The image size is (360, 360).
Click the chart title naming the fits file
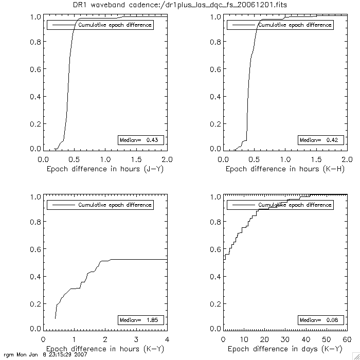tap(179, 5)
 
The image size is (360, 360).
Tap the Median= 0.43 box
tap(141, 140)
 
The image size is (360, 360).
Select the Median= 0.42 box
tap(319, 140)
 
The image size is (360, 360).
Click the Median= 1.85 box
tap(141, 320)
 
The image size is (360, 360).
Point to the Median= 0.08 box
tap(319, 320)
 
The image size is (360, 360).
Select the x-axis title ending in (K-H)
tap(284, 169)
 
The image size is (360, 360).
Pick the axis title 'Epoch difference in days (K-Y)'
tap(284, 349)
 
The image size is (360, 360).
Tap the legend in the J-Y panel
tap(100, 25)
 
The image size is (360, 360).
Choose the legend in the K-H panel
tap(280, 25)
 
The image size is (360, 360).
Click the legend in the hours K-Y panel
tap(100, 205)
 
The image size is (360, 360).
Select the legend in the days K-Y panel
tap(280, 205)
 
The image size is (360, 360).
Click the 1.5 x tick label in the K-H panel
tap(316, 159)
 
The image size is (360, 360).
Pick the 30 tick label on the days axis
tap(285, 339)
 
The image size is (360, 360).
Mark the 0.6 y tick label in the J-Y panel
tap(36, 69)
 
